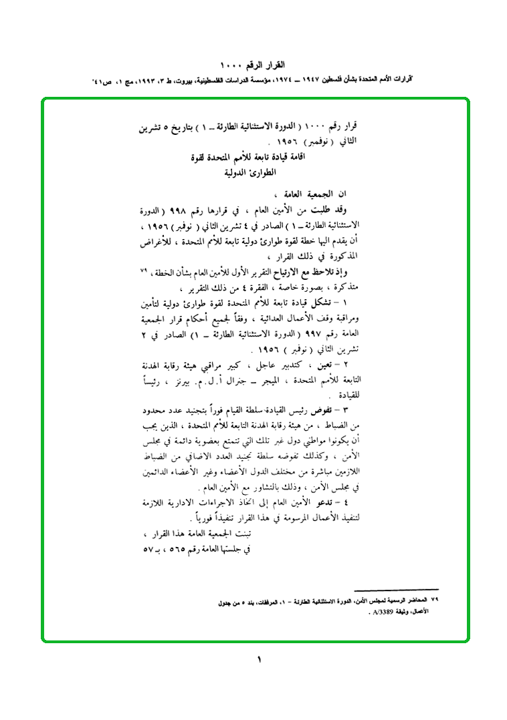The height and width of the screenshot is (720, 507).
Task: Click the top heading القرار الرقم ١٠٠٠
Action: tap(257, 65)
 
